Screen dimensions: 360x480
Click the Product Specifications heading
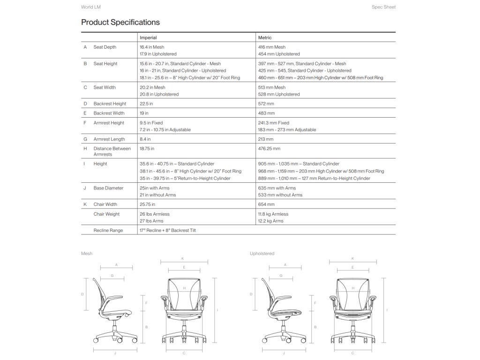click(x=120, y=22)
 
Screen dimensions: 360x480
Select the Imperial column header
click(x=148, y=37)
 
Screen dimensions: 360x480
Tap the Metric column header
click(x=265, y=37)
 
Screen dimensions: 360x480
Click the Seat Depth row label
click(x=105, y=47)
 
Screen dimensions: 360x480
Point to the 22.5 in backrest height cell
click(x=146, y=104)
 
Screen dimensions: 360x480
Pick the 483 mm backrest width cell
click(x=266, y=113)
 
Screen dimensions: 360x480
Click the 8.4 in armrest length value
click(x=145, y=139)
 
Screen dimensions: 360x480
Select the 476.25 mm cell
click(x=269, y=149)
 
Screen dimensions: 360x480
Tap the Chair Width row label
click(x=105, y=204)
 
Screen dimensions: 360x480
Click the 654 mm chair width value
click(x=266, y=204)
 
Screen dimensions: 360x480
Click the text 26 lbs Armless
click(x=155, y=214)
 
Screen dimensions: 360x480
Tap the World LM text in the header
click(x=91, y=7)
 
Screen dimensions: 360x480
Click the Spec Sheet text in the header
click(x=383, y=7)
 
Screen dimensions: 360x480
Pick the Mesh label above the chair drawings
click(x=87, y=254)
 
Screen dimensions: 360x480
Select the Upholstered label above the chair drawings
click(x=262, y=254)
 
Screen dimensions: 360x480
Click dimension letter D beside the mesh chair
click(x=82, y=294)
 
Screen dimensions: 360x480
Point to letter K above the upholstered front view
click(x=352, y=258)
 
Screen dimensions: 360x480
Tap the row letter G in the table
click(x=85, y=139)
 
